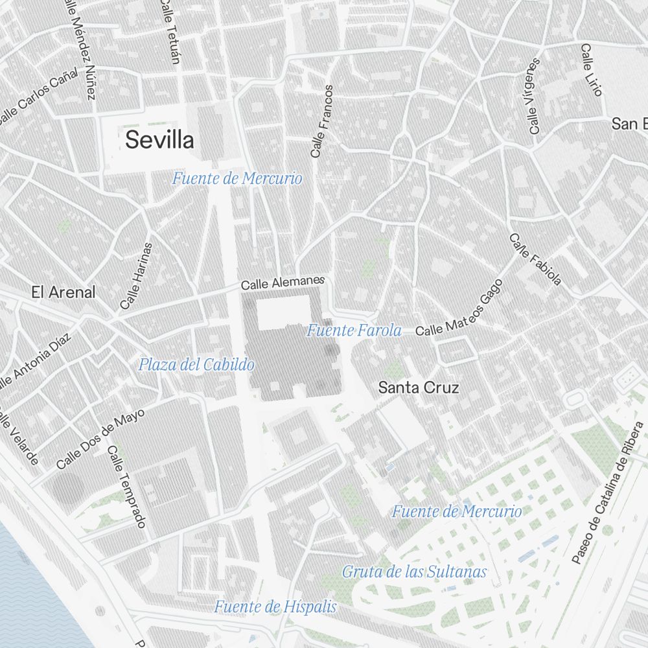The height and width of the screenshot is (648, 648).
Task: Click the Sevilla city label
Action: coord(159,139)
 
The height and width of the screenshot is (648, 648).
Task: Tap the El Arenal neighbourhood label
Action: coord(64,292)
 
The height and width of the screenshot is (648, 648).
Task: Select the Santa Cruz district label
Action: coord(419,388)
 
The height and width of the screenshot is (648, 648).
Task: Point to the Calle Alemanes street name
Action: coord(282,283)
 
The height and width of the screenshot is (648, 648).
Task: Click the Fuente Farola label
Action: coord(354,330)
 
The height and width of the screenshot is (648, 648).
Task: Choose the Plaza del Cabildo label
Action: coord(196,365)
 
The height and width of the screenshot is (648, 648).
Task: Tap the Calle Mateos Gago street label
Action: coord(459,309)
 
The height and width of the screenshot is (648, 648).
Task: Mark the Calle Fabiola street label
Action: coord(535,260)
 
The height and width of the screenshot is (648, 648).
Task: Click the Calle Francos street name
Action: coord(321,122)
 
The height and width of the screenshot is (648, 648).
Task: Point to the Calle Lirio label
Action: coord(591,70)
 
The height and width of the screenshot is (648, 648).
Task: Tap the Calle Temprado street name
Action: coord(127,486)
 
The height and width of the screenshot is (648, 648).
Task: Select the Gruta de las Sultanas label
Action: coord(414,572)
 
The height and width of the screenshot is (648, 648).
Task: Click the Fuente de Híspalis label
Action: coord(275,607)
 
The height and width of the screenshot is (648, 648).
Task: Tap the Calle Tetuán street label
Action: coord(170,32)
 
